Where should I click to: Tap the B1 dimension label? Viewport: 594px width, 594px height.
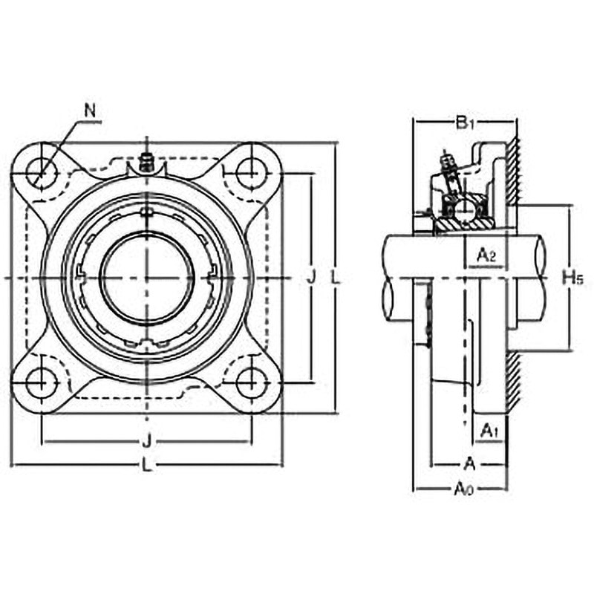(x=465, y=123)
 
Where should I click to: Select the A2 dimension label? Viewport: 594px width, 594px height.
(x=486, y=255)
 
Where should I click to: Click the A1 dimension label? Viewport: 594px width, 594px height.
(x=489, y=431)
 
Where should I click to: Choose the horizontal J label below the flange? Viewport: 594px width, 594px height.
(x=147, y=441)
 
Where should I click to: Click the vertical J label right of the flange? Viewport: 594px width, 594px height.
(x=311, y=277)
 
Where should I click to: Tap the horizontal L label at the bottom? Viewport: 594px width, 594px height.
(x=146, y=465)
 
